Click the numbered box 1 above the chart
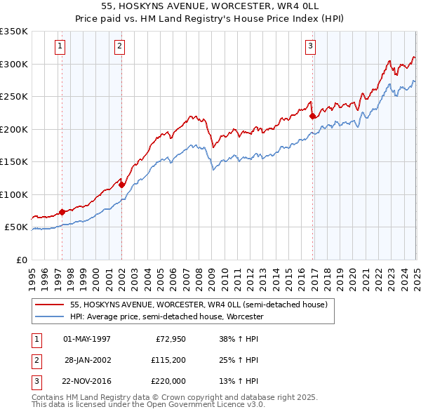[x=61, y=47]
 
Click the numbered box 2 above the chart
[x=121, y=47]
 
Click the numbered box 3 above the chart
[x=310, y=47]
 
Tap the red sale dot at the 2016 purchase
[x=313, y=116]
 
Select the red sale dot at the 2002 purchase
[x=122, y=185]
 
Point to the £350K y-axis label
[x=14, y=32]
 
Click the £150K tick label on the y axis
[x=14, y=162]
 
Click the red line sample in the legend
[x=49, y=305]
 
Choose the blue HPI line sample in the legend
[x=49, y=317]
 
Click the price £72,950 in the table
[x=169, y=339]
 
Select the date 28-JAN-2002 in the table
[x=87, y=361]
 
